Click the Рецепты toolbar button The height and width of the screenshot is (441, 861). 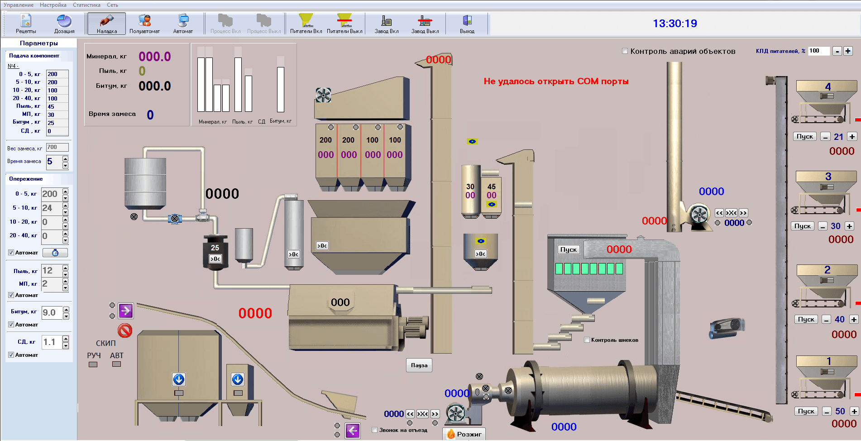pyautogui.click(x=26, y=24)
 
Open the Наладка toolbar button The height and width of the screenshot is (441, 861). pyautogui.click(x=107, y=24)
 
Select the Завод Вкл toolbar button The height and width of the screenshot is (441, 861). pyautogui.click(x=387, y=24)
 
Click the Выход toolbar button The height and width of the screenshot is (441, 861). pyautogui.click(x=467, y=24)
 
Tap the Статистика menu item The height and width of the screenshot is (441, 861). pyautogui.click(x=86, y=5)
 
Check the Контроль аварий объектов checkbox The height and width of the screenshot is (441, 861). pyautogui.click(x=625, y=51)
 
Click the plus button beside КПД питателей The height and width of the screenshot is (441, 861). pyautogui.click(x=848, y=51)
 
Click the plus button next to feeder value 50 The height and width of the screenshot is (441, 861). pyautogui.click(x=854, y=411)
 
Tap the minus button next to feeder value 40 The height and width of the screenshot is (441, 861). pyautogui.click(x=826, y=320)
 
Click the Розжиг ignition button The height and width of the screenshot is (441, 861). pyautogui.click(x=464, y=434)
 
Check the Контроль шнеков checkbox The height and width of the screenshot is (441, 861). pyautogui.click(x=587, y=340)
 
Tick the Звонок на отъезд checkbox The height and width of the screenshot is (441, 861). pyautogui.click(x=375, y=430)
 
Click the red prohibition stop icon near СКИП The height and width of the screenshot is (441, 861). pyautogui.click(x=125, y=330)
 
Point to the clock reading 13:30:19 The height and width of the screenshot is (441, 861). pyautogui.click(x=674, y=24)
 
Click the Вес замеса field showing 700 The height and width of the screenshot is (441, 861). pyautogui.click(x=57, y=148)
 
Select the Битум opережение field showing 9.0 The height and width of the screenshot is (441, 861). pyautogui.click(x=52, y=312)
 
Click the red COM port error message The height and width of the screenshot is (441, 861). pyautogui.click(x=556, y=81)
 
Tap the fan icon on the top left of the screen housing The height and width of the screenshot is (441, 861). pyautogui.click(x=323, y=95)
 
